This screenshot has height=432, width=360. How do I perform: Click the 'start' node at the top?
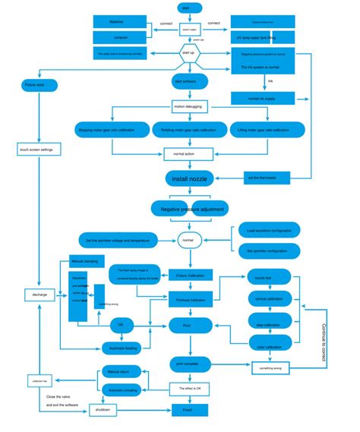186,8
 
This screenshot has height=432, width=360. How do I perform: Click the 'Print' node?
187,325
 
